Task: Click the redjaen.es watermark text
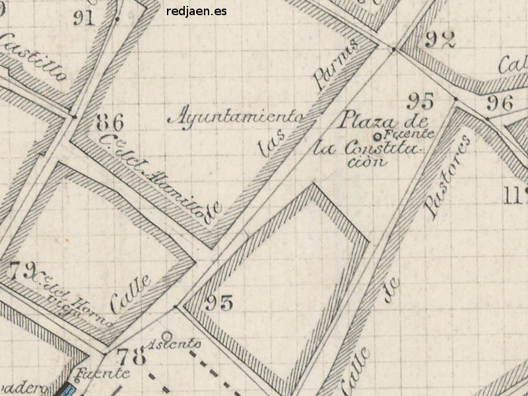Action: coord(197,11)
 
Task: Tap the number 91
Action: coord(84,18)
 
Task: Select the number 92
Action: coord(440,40)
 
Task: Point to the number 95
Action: coord(420,101)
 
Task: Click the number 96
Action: coord(500,102)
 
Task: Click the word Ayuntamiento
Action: coord(237,117)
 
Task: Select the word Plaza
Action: coord(367,120)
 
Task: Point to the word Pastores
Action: coord(447,177)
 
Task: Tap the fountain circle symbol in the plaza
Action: coord(376,137)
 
